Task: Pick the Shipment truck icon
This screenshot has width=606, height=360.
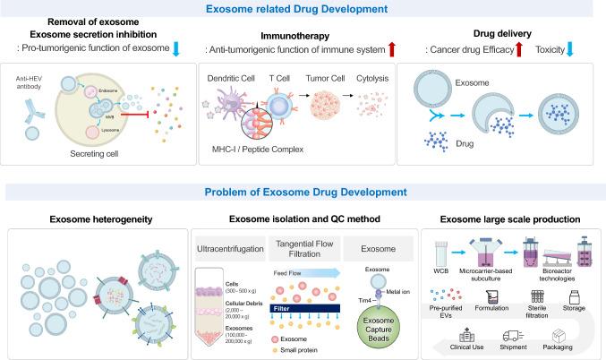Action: (514, 334)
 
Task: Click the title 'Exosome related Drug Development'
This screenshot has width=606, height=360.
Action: (303, 13)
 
